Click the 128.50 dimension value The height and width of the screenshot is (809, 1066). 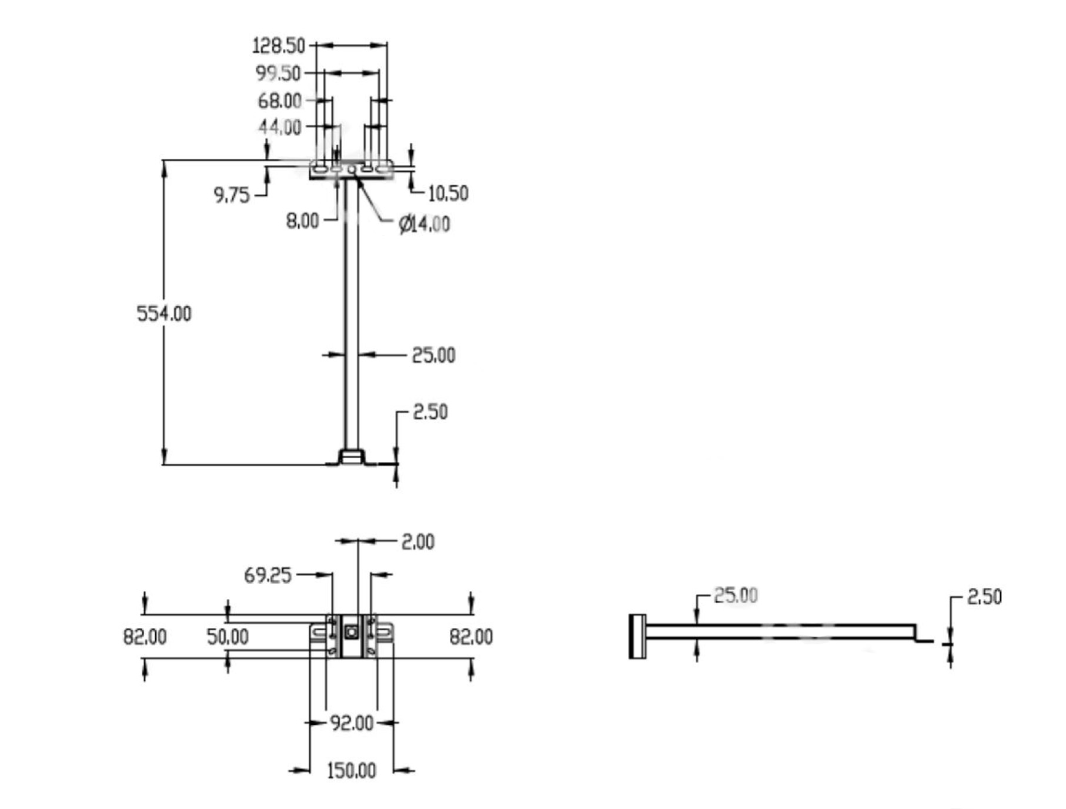pos(278,45)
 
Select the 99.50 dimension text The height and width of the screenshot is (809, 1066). pos(278,73)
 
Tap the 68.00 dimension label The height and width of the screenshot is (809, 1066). pos(279,101)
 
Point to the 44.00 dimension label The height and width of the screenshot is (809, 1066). pos(279,127)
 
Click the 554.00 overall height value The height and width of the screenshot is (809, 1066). pos(164,314)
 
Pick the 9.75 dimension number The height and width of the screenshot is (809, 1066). pos(231,195)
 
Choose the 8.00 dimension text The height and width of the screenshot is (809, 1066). pos(302,222)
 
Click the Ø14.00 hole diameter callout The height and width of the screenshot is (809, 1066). pos(424,224)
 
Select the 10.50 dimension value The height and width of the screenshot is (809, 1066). pos(448,193)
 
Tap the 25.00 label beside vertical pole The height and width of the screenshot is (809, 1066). pos(433,356)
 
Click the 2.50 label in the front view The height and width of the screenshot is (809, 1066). pos(430,412)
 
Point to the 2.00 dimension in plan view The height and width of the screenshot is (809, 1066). pos(417,542)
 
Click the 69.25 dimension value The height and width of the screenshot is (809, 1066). pos(268,576)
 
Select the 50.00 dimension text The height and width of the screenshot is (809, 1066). pos(228,637)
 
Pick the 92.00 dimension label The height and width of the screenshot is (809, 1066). pos(352,723)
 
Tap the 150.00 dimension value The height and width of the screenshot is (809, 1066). pos(351,771)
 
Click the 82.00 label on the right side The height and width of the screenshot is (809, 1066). pos(471,637)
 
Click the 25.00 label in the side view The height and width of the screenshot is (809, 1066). pos(735,596)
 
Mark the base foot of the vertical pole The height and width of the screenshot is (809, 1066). pos(352,457)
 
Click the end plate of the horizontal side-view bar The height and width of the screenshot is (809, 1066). pos(637,637)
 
